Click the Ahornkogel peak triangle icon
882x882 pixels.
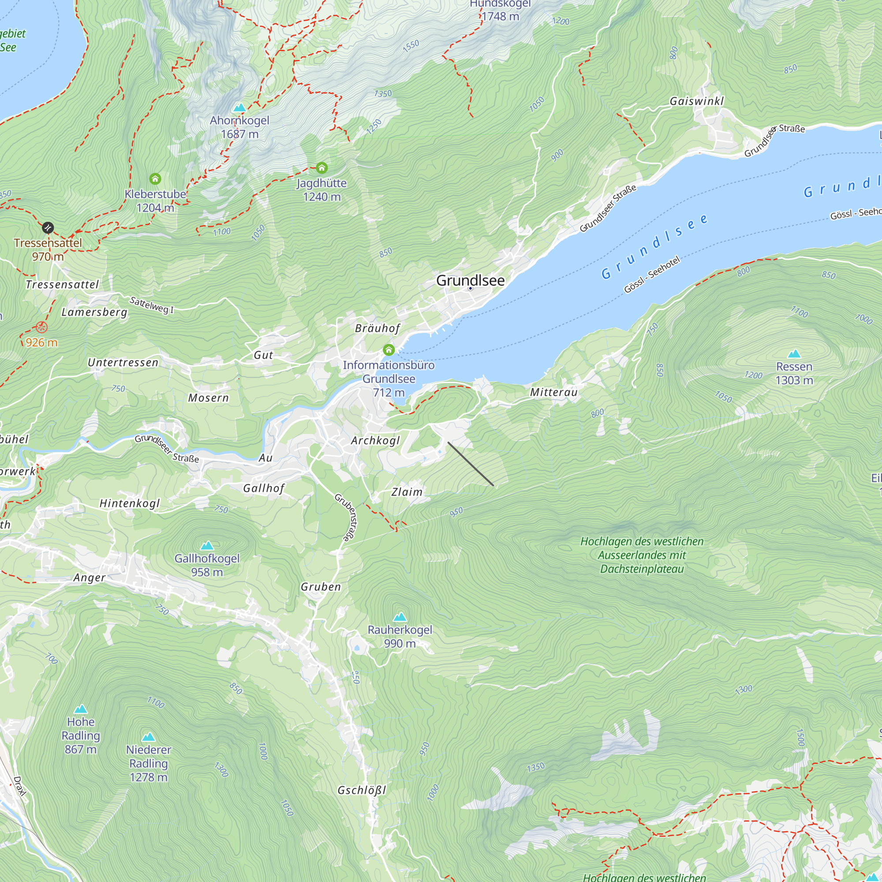239,108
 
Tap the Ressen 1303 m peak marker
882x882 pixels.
794,354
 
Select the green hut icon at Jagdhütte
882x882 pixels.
322,168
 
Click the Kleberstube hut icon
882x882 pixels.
155,179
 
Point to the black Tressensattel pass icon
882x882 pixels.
48,228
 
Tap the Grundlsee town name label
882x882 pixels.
470,280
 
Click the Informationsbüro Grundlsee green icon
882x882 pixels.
389,350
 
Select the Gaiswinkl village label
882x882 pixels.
697,101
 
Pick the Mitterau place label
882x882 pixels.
554,392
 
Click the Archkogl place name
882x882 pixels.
375,441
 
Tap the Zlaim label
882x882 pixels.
407,492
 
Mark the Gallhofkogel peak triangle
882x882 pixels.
207,546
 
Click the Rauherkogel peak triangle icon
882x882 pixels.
400,617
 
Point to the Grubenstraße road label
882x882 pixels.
347,517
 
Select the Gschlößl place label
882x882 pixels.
362,790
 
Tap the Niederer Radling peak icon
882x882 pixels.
148,737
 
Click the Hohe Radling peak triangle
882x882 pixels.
81,709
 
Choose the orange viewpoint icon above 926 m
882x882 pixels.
41,327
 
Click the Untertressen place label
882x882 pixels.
123,363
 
